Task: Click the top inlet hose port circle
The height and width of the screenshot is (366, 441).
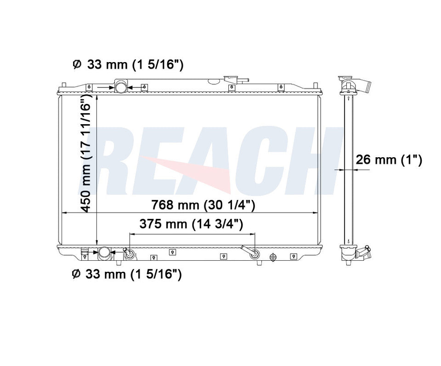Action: point(121,87)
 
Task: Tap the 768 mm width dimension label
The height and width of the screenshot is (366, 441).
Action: point(203,205)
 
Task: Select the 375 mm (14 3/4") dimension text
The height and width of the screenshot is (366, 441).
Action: point(191,224)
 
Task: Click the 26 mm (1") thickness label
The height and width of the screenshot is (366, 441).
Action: point(389,160)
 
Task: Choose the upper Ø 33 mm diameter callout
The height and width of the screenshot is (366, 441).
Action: point(128,65)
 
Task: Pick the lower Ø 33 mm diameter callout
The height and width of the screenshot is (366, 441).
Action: point(127,274)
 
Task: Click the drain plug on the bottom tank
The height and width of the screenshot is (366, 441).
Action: point(272,257)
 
